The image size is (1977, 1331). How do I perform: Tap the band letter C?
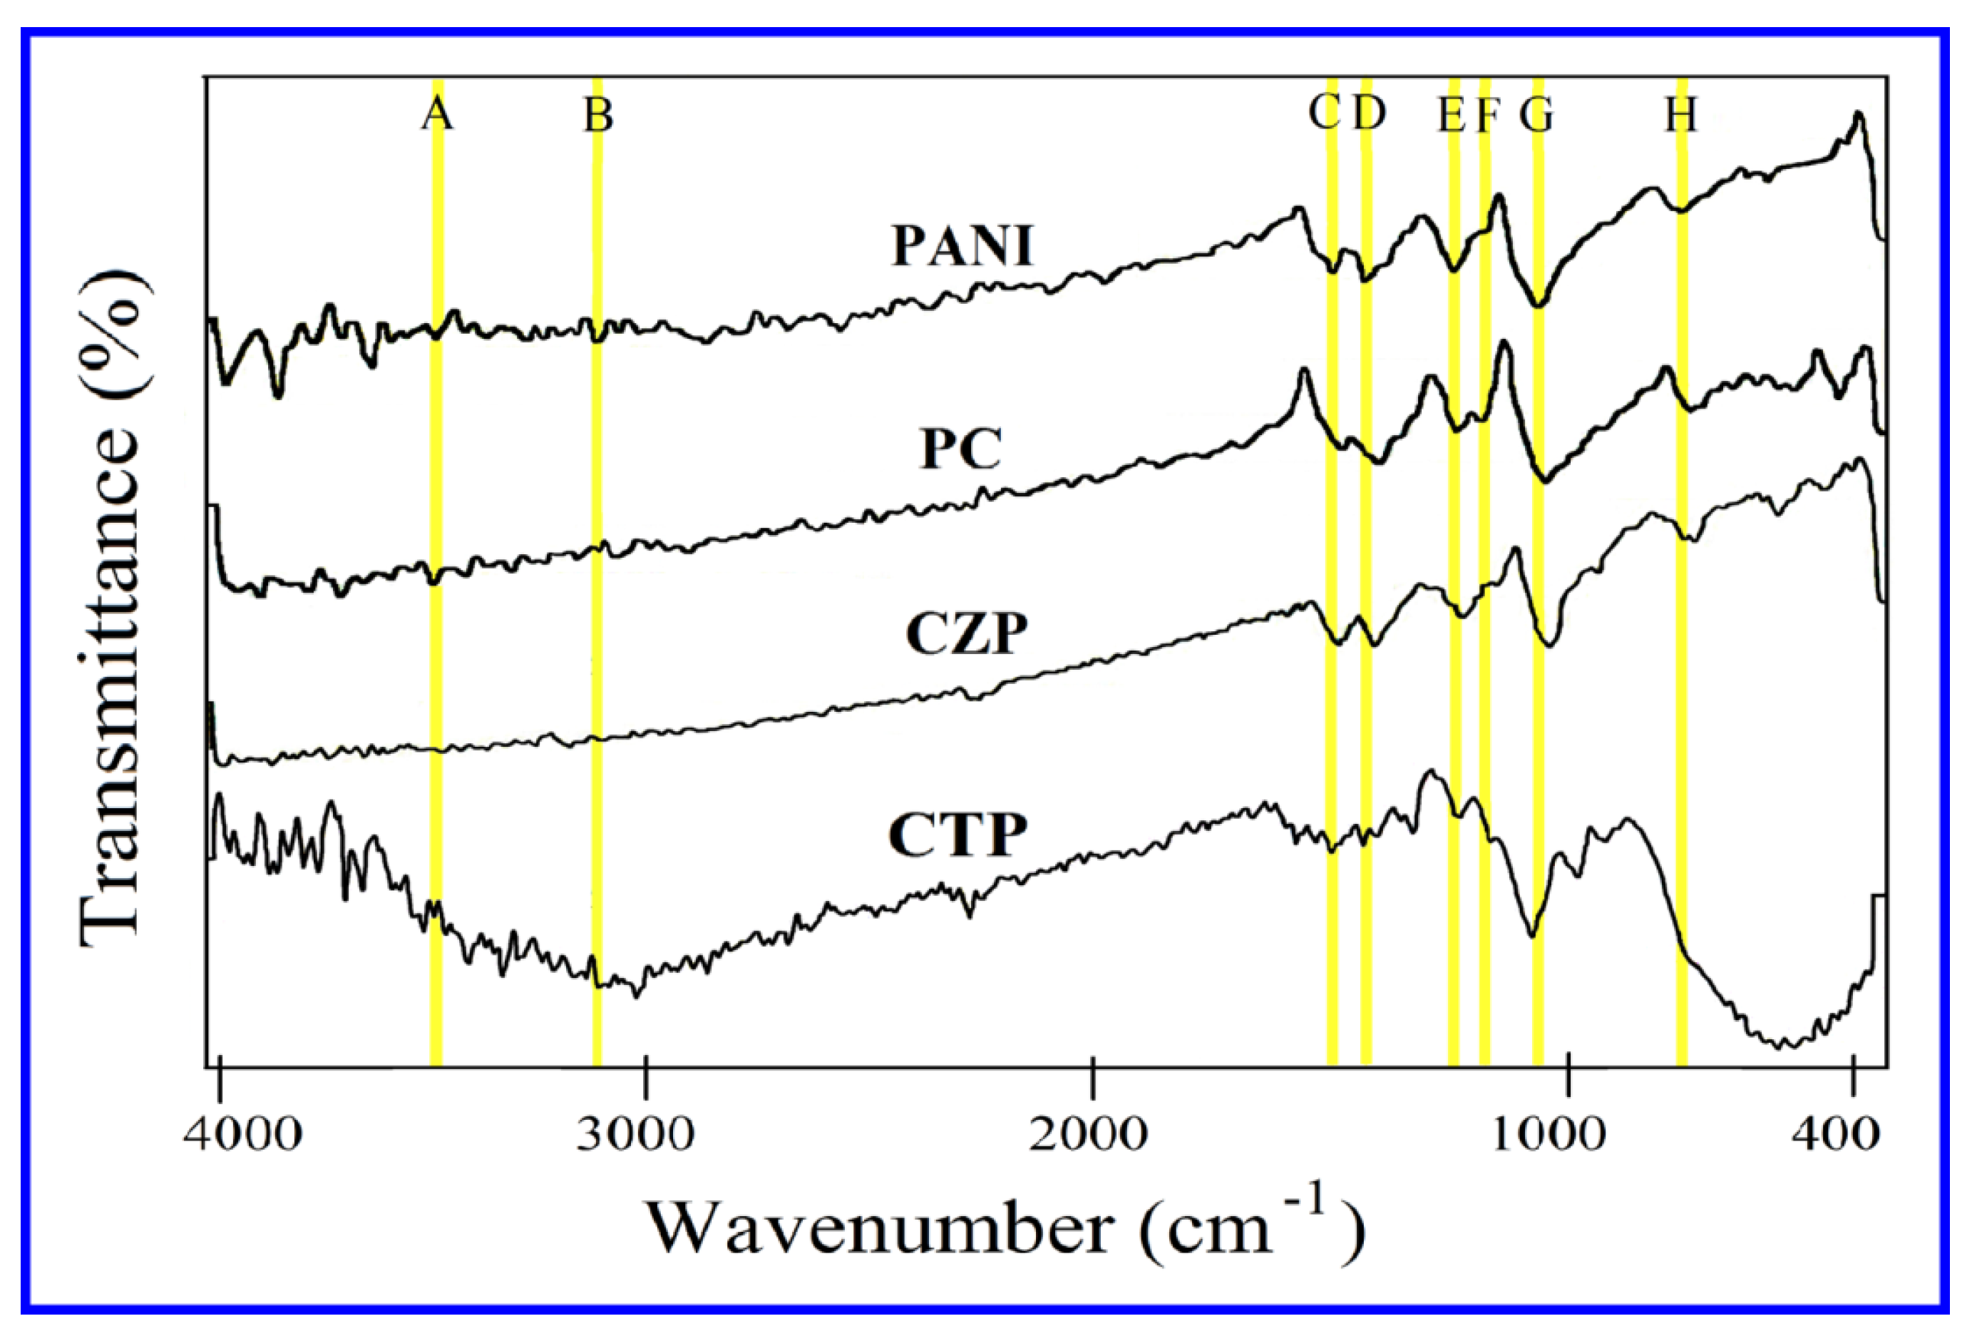click(1325, 113)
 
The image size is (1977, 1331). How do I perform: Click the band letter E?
click(1450, 115)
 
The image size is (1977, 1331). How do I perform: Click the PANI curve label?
click(962, 246)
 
